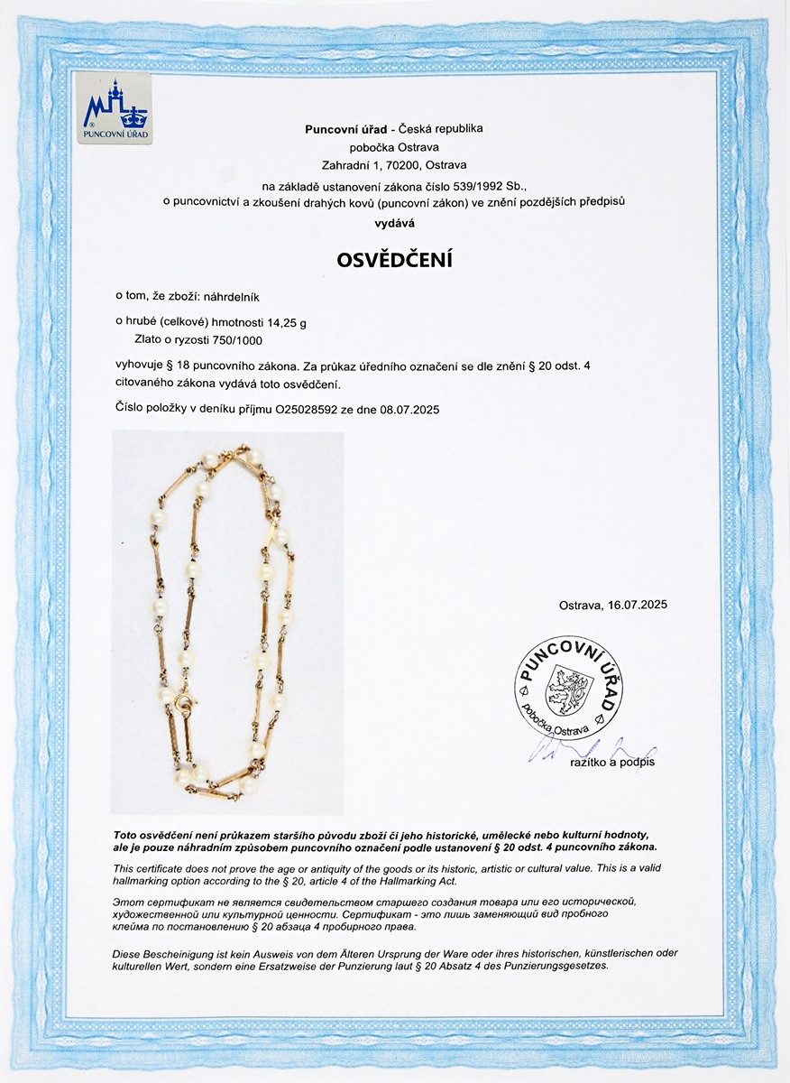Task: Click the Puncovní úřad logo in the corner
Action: coord(115,109)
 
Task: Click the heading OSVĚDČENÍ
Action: coord(394,259)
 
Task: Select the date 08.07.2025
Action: coord(407,409)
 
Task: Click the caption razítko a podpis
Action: coord(612,763)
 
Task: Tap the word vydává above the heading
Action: coord(394,221)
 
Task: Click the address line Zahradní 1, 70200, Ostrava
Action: coord(394,164)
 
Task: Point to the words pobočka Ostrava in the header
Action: coord(394,147)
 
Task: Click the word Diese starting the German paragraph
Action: coord(128,953)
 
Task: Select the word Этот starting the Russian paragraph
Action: coord(127,902)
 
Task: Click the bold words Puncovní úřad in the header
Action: coord(344,129)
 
